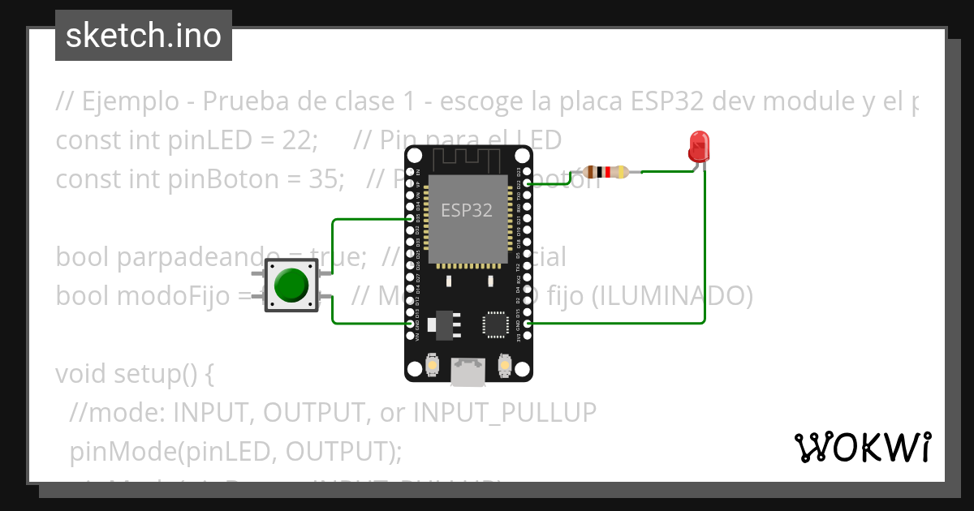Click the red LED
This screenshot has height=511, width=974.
(698, 148)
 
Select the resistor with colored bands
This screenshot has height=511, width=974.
(606, 171)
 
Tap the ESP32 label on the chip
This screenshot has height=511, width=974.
(467, 210)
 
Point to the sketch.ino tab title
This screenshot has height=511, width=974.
(144, 36)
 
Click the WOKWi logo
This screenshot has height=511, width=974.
(862, 447)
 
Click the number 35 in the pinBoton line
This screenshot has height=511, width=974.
(327, 178)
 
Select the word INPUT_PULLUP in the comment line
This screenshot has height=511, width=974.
(505, 413)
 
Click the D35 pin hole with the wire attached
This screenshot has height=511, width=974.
(410, 219)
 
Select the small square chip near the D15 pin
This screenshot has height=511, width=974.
(494, 324)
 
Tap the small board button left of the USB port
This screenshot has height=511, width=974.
(433, 367)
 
